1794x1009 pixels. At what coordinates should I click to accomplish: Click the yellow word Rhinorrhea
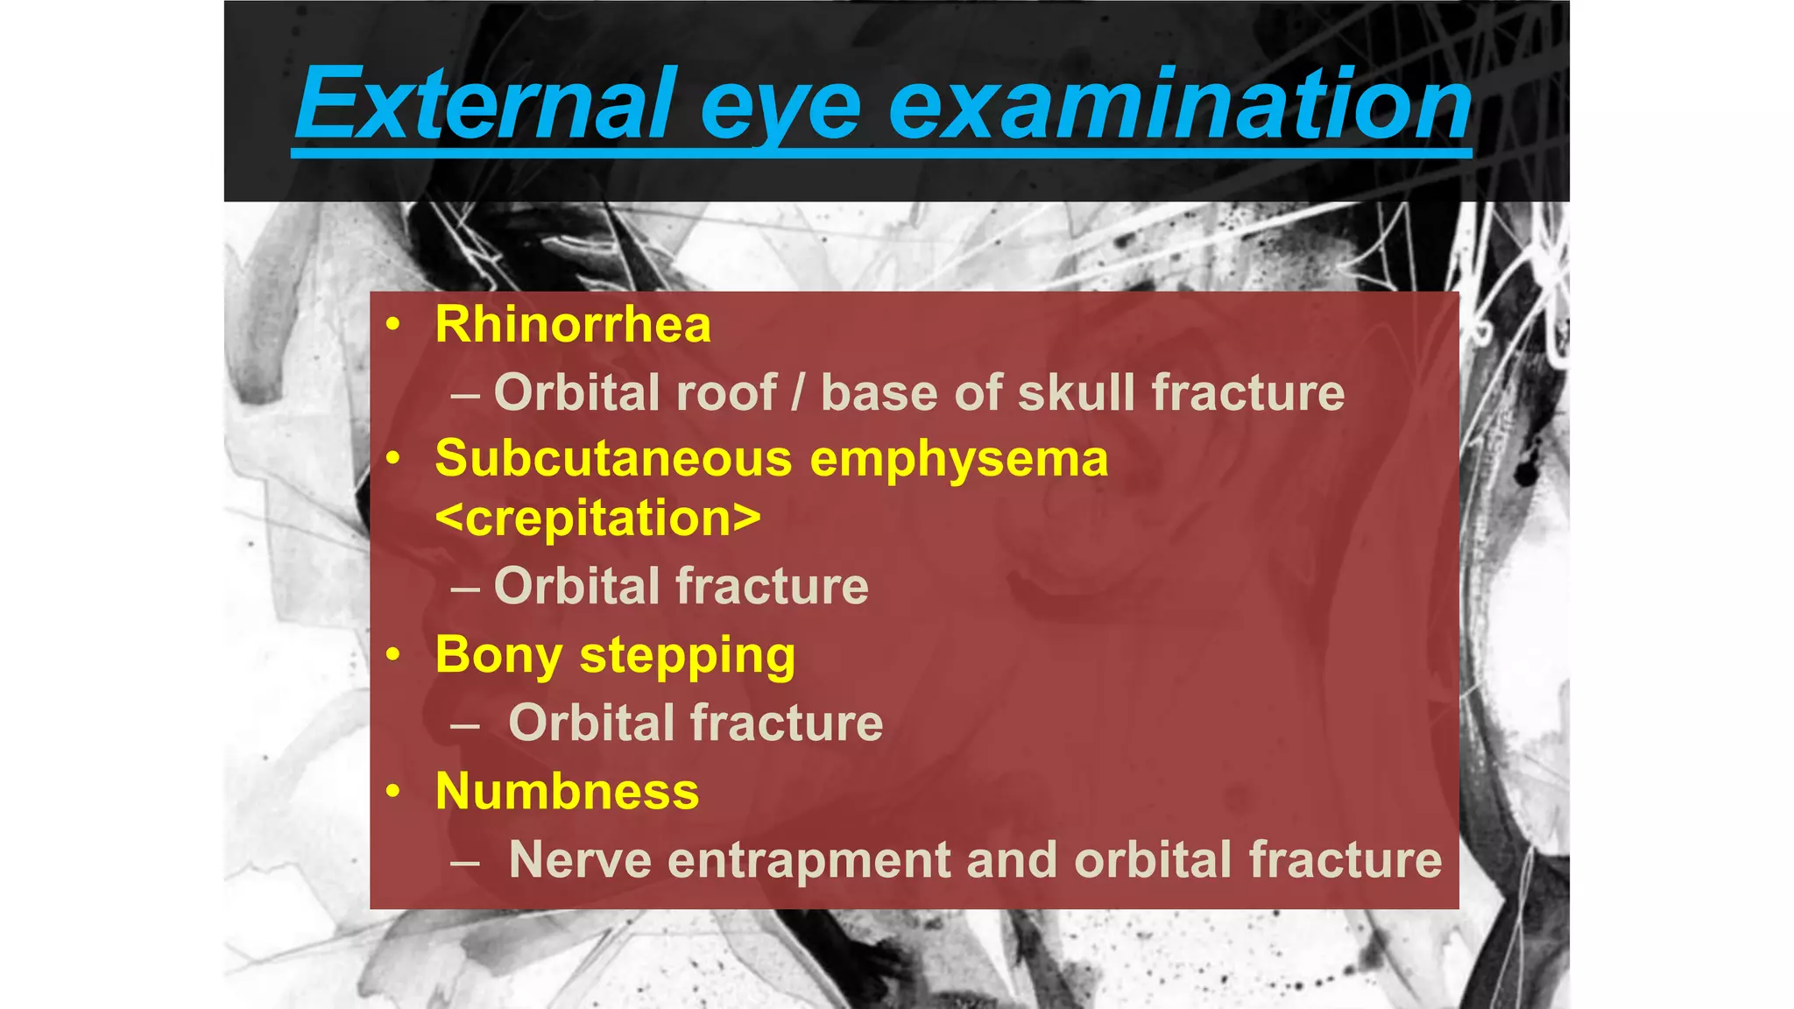(x=573, y=325)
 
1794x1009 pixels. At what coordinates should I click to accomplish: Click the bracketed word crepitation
(x=598, y=518)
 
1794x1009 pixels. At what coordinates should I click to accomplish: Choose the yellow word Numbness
(x=567, y=792)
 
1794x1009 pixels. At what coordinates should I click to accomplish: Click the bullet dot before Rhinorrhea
(x=393, y=326)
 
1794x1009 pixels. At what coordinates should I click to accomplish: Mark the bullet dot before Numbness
(x=393, y=792)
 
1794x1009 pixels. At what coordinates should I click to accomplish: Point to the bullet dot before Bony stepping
(x=393, y=654)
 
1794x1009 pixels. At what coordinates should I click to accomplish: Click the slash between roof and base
(x=797, y=392)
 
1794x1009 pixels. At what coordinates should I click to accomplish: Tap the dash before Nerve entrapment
(x=465, y=862)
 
